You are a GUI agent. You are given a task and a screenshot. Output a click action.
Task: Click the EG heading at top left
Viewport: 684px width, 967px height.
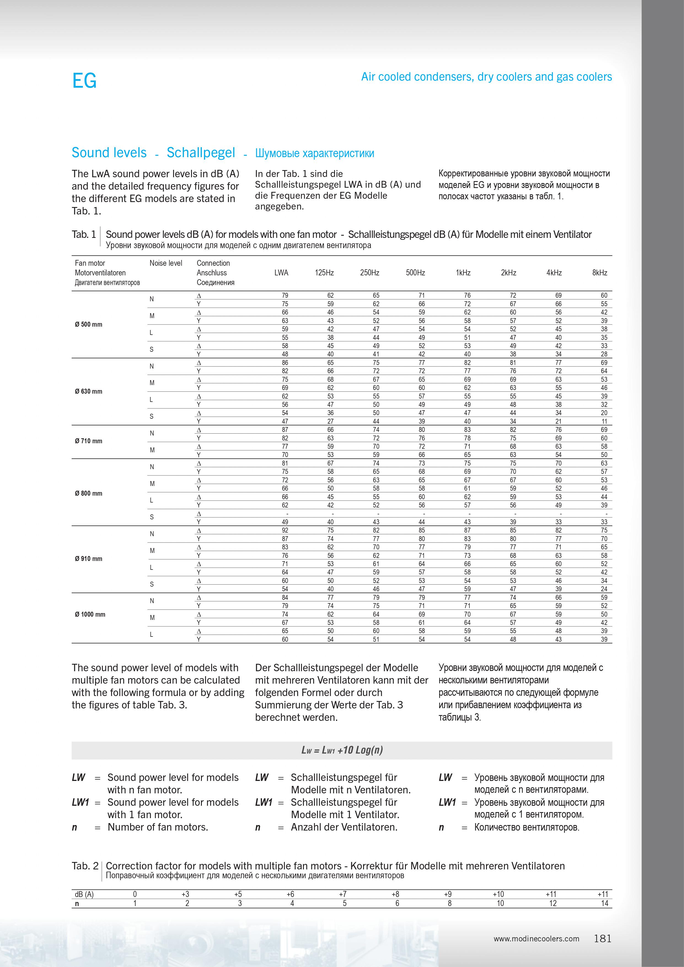tap(84, 80)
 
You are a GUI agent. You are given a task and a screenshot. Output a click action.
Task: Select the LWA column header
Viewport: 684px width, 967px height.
tap(281, 273)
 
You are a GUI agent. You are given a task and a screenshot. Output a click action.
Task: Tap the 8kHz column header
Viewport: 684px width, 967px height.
tap(599, 273)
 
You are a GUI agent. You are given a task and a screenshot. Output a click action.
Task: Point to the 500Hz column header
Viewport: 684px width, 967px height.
tap(415, 273)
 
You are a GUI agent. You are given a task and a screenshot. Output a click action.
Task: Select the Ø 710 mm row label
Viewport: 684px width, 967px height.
tap(88, 441)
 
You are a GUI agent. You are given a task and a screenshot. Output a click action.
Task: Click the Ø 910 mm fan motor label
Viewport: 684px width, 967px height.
tap(88, 558)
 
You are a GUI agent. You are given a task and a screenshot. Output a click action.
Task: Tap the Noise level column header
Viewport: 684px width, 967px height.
tap(166, 263)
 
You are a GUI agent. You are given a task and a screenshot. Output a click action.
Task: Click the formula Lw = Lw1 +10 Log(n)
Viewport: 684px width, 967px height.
tap(342, 750)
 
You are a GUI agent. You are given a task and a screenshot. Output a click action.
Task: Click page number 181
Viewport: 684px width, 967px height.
tap(602, 938)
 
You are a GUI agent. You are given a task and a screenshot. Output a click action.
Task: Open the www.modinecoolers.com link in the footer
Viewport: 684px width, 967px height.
tap(536, 939)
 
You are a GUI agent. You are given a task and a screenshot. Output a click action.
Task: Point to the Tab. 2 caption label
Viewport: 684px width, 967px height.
tap(85, 866)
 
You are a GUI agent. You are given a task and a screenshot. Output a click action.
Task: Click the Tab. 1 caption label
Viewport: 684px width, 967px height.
tap(84, 235)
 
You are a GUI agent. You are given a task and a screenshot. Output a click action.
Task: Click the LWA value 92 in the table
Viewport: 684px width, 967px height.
tap(285, 530)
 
